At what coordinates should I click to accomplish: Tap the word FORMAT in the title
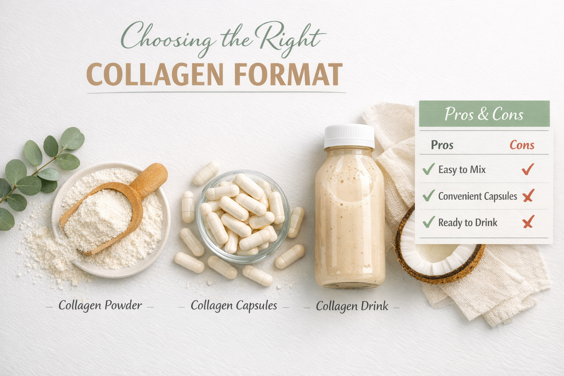click(x=288, y=75)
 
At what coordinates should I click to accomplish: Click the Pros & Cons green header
click(x=484, y=114)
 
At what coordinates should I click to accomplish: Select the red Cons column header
click(x=521, y=145)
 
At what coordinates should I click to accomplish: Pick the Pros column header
click(x=442, y=145)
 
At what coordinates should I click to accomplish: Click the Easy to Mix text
click(x=462, y=170)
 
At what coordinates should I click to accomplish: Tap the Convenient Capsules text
click(x=477, y=196)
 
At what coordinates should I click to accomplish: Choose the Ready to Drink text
click(x=468, y=223)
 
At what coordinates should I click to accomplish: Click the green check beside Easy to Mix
click(x=429, y=169)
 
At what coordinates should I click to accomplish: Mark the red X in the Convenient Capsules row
click(x=528, y=196)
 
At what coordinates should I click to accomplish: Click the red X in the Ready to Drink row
click(x=528, y=222)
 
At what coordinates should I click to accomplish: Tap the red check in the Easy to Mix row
click(x=528, y=169)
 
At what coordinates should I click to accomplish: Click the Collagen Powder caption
click(x=100, y=305)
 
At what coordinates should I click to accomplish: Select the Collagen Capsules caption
click(x=234, y=305)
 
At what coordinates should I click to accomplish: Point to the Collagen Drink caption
click(x=352, y=306)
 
